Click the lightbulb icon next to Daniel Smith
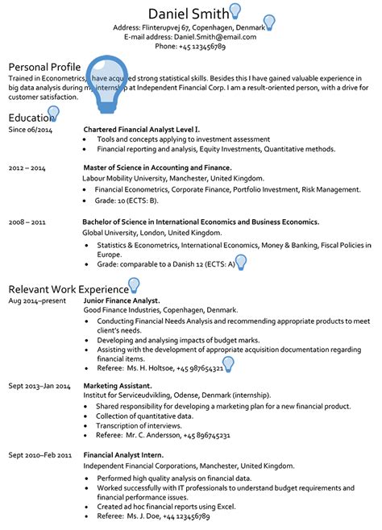coord(235,10)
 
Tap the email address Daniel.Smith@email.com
coord(190,36)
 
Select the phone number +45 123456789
coord(190,47)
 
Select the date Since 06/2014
coord(30,129)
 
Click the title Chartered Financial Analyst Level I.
coord(141,129)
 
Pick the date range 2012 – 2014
coord(27,168)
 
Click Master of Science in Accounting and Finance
coord(157,168)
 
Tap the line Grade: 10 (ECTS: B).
coord(127,200)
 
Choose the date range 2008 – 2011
coord(27,221)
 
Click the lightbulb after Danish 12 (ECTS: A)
coord(239,262)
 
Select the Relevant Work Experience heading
coord(68,288)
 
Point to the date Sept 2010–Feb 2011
coord(40,455)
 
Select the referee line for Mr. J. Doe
coord(152,516)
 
